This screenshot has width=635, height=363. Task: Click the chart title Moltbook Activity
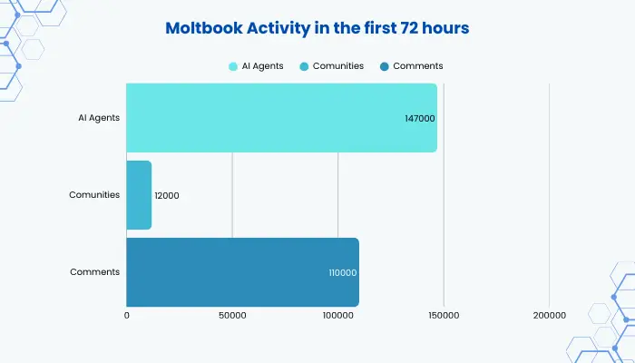click(317, 28)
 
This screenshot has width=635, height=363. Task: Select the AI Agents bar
click(281, 118)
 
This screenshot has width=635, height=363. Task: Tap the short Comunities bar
click(139, 195)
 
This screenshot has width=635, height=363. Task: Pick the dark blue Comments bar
click(242, 272)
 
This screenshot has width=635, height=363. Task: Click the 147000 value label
click(419, 119)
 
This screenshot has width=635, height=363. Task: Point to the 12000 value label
click(167, 195)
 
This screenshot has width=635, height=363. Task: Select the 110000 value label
click(342, 272)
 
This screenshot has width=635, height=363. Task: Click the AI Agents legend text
click(263, 66)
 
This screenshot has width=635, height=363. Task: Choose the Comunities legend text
click(339, 66)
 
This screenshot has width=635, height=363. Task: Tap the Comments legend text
click(418, 66)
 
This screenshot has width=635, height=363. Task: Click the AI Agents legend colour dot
click(234, 66)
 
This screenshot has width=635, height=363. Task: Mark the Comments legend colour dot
click(386, 66)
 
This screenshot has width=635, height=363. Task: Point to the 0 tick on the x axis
click(127, 316)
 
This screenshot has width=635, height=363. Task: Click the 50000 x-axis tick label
click(232, 316)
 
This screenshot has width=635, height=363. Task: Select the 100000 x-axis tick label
click(337, 316)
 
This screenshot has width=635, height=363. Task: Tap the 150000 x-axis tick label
click(444, 316)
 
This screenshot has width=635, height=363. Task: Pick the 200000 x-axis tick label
click(549, 316)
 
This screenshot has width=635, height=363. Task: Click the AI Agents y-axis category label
click(99, 118)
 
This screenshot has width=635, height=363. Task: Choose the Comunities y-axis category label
click(94, 195)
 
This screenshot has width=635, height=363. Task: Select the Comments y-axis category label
click(95, 272)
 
